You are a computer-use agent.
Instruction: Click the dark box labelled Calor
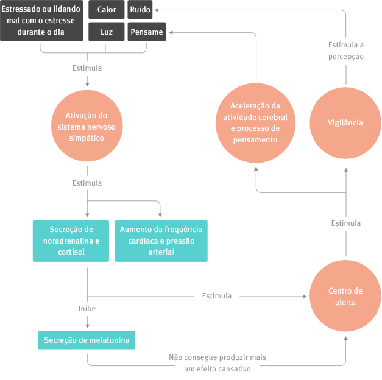[107, 10]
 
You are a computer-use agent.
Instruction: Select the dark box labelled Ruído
[140, 10]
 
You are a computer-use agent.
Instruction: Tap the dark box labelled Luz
[107, 32]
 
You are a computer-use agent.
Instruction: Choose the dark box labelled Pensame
[146, 32]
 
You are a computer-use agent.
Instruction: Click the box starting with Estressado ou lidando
[41, 21]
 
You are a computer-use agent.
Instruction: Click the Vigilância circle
[345, 123]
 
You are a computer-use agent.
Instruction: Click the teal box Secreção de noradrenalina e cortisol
[71, 241]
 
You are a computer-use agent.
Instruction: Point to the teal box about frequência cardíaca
[161, 241]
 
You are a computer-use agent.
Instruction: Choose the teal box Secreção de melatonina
[87, 340]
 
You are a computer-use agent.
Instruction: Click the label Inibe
[87, 309]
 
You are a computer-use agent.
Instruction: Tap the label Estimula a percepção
[346, 51]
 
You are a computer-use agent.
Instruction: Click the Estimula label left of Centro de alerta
[217, 296]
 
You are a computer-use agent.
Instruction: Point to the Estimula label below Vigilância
[345, 223]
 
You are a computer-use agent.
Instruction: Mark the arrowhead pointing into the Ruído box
[156, 10]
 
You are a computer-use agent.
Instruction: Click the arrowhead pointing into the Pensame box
[168, 32]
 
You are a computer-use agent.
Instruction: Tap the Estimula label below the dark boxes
[87, 68]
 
